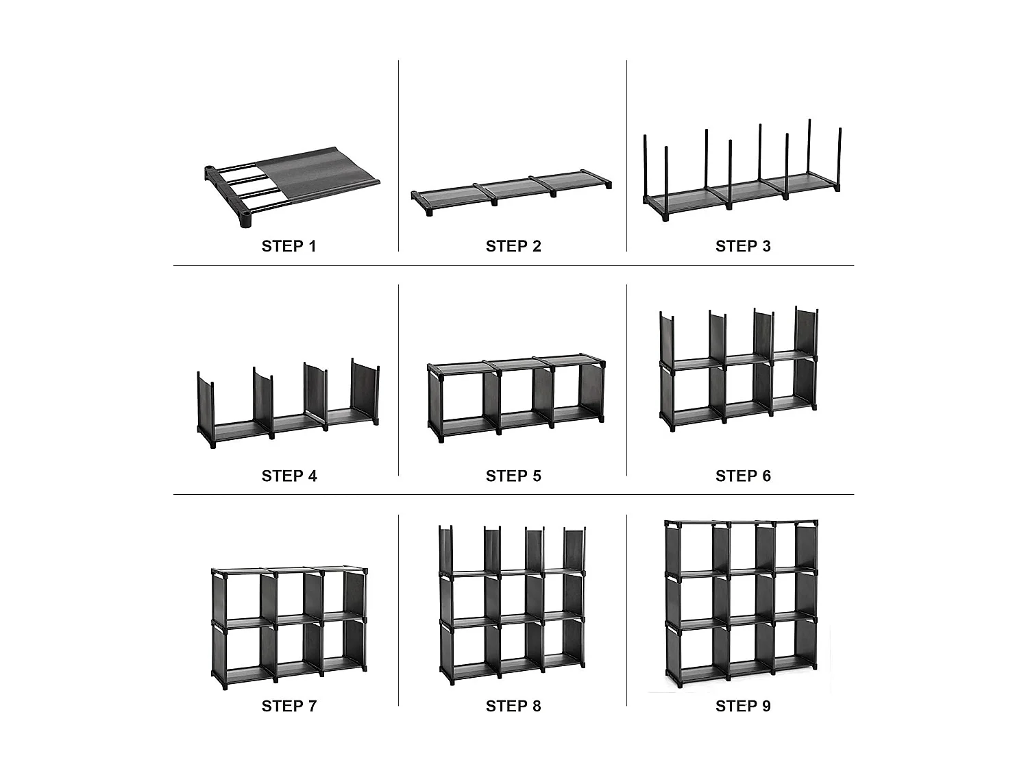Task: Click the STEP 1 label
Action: pos(289,247)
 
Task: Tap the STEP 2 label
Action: pos(513,247)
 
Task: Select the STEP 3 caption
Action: pos(743,247)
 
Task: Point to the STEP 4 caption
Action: pos(289,476)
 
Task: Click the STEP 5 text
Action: pos(513,476)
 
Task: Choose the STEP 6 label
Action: pos(743,476)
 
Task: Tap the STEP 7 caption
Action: pos(289,706)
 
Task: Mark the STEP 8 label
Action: pos(513,706)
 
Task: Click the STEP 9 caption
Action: pos(743,706)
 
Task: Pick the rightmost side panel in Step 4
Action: pos(365,391)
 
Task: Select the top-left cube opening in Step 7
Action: pos(237,596)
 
